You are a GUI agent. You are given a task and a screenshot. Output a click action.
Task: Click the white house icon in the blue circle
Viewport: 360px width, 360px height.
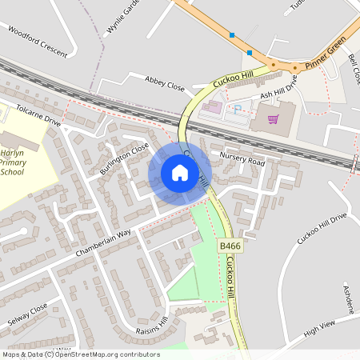[180, 173]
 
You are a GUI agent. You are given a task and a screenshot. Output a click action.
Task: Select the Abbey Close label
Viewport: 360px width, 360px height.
[165, 83]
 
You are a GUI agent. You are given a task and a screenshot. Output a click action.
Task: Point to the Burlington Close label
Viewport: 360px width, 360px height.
[124, 159]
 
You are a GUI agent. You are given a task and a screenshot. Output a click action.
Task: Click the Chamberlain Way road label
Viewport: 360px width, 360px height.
[103, 243]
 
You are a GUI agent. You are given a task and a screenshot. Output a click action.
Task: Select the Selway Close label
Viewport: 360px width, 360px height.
[29, 310]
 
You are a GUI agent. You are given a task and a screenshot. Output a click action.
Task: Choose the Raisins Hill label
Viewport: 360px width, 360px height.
[152, 326]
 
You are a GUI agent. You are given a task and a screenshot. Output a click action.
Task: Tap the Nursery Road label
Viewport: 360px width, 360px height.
[242, 160]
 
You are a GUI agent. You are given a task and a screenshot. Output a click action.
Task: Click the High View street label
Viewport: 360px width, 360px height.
[319, 327]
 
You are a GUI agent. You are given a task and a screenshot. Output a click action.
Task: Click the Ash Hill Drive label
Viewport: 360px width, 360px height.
[278, 87]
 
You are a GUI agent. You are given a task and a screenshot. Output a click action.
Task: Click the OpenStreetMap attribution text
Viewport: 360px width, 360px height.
[80, 354]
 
